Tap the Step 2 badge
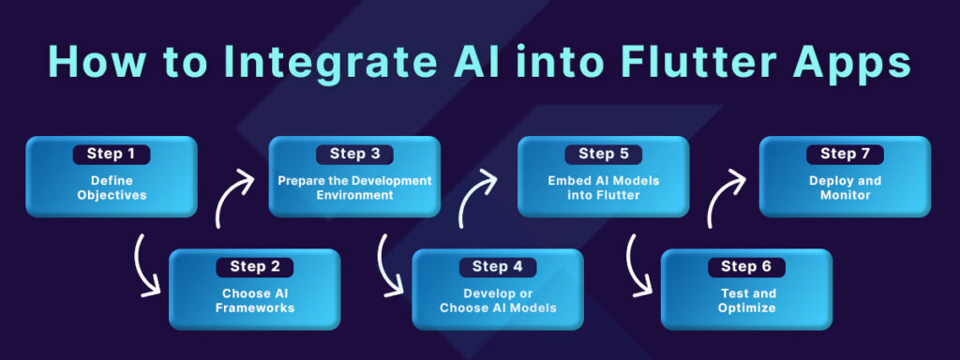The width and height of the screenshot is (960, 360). tap(254, 266)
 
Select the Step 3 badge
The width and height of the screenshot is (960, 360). tap(354, 154)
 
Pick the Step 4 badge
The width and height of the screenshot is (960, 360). tap(498, 266)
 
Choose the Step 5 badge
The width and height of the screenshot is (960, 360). tap(603, 154)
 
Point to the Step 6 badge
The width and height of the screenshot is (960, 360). tap(746, 266)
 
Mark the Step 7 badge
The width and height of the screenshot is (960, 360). tap(845, 154)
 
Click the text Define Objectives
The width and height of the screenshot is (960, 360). tap(111, 188)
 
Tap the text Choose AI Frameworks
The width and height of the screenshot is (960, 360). tap(254, 300)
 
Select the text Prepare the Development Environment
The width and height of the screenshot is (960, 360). tap(354, 188)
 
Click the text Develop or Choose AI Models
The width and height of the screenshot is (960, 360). tap(498, 300)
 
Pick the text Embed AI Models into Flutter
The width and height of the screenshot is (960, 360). tap(603, 188)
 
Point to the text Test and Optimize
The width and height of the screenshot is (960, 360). tap(746, 300)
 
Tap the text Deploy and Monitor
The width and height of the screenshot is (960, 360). tap(845, 188)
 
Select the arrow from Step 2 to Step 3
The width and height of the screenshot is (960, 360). tap(231, 197)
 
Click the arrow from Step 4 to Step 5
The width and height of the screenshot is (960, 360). tap(477, 197)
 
